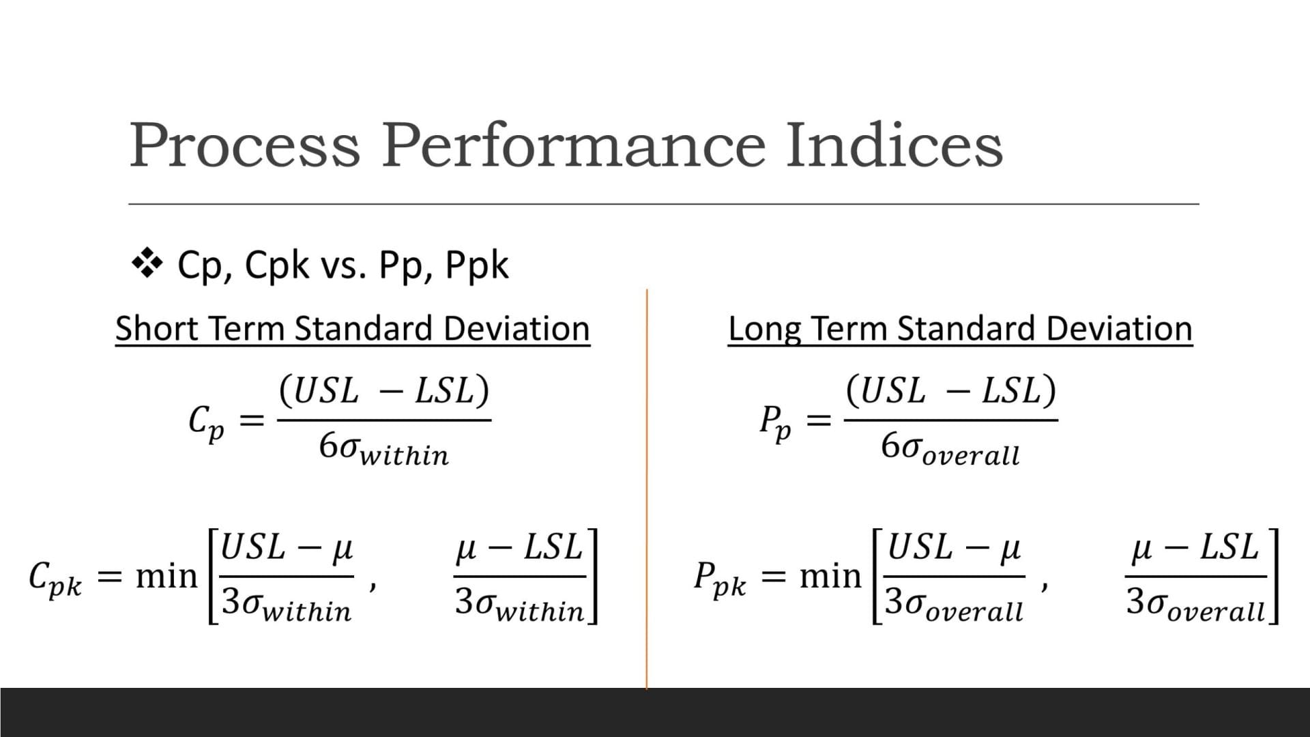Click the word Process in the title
pyautogui.click(x=244, y=145)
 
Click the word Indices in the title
pyautogui.click(x=894, y=145)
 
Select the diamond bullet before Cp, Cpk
pyautogui.click(x=147, y=264)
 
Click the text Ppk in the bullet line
pyautogui.click(x=477, y=265)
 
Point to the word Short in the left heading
pyautogui.click(x=156, y=328)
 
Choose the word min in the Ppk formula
pyautogui.click(x=830, y=577)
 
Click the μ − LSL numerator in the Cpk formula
pyautogui.click(x=519, y=548)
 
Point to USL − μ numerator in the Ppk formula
pyautogui.click(x=953, y=548)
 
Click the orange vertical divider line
pyautogui.click(x=646, y=491)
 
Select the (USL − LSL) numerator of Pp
pyautogui.click(x=950, y=391)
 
